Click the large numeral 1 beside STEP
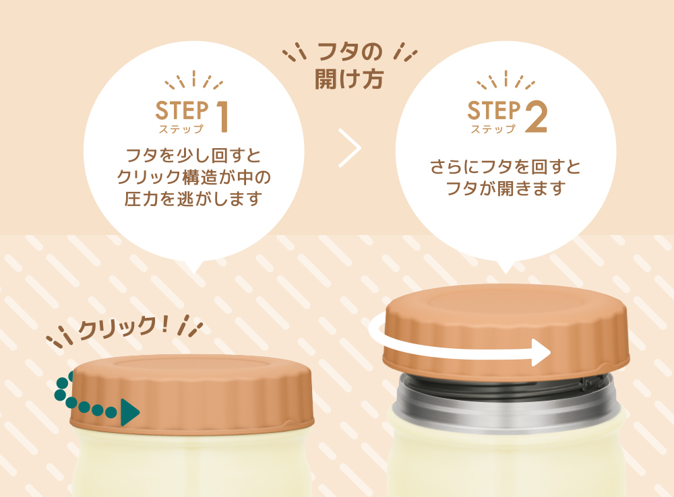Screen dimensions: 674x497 tap(222, 117)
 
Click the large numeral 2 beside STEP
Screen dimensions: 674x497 tap(536, 116)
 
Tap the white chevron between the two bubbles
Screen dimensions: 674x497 tap(349, 147)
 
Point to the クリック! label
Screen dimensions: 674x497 tap(123, 327)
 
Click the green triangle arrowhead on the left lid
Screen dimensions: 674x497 tap(130, 412)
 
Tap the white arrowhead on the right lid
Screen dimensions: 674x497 tap(541, 353)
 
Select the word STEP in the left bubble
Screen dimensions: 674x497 tap(182, 111)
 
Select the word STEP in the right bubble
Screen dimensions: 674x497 tap(494, 110)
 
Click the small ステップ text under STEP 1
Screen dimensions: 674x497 tap(181, 129)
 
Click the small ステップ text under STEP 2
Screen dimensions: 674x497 tap(493, 129)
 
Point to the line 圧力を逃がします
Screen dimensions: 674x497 tap(193, 199)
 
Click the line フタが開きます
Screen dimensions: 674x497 tap(506, 188)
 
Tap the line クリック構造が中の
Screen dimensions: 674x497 tap(193, 177)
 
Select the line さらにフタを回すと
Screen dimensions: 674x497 tap(506, 166)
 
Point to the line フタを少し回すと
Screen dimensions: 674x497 tap(193, 155)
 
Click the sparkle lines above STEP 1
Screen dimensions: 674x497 tap(194, 80)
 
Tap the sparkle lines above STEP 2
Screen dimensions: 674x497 tap(506, 80)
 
